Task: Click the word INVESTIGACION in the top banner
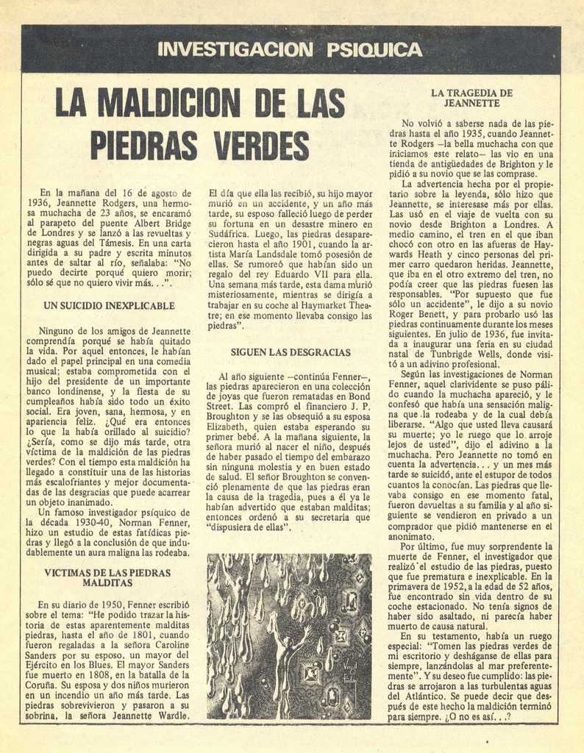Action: pos(235,50)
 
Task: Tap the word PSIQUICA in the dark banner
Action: pos(374,50)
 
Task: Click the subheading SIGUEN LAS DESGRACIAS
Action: pos(291,352)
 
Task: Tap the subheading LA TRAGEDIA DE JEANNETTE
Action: pos(472,98)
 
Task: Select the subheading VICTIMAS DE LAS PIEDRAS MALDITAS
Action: pos(107,577)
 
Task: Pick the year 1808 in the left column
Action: pos(91,674)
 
